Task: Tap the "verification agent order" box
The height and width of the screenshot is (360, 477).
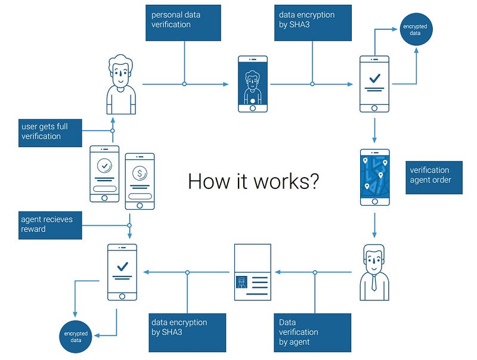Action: click(434, 177)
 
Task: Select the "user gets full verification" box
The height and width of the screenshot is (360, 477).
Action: click(49, 132)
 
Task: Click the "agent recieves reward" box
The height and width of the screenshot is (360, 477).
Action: click(49, 224)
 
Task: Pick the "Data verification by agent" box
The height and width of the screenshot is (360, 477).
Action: click(312, 332)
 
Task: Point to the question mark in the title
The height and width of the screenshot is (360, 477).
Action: click(313, 181)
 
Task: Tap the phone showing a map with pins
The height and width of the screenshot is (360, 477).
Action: click(374, 177)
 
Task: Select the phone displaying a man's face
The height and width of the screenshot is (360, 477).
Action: click(253, 84)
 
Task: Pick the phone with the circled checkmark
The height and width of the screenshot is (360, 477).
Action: click(104, 173)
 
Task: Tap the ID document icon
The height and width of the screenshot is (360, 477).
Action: click(253, 272)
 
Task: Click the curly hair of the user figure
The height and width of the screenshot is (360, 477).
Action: click(121, 61)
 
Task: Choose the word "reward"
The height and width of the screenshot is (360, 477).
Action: click(33, 229)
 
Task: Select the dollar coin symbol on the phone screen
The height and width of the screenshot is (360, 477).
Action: click(140, 174)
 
